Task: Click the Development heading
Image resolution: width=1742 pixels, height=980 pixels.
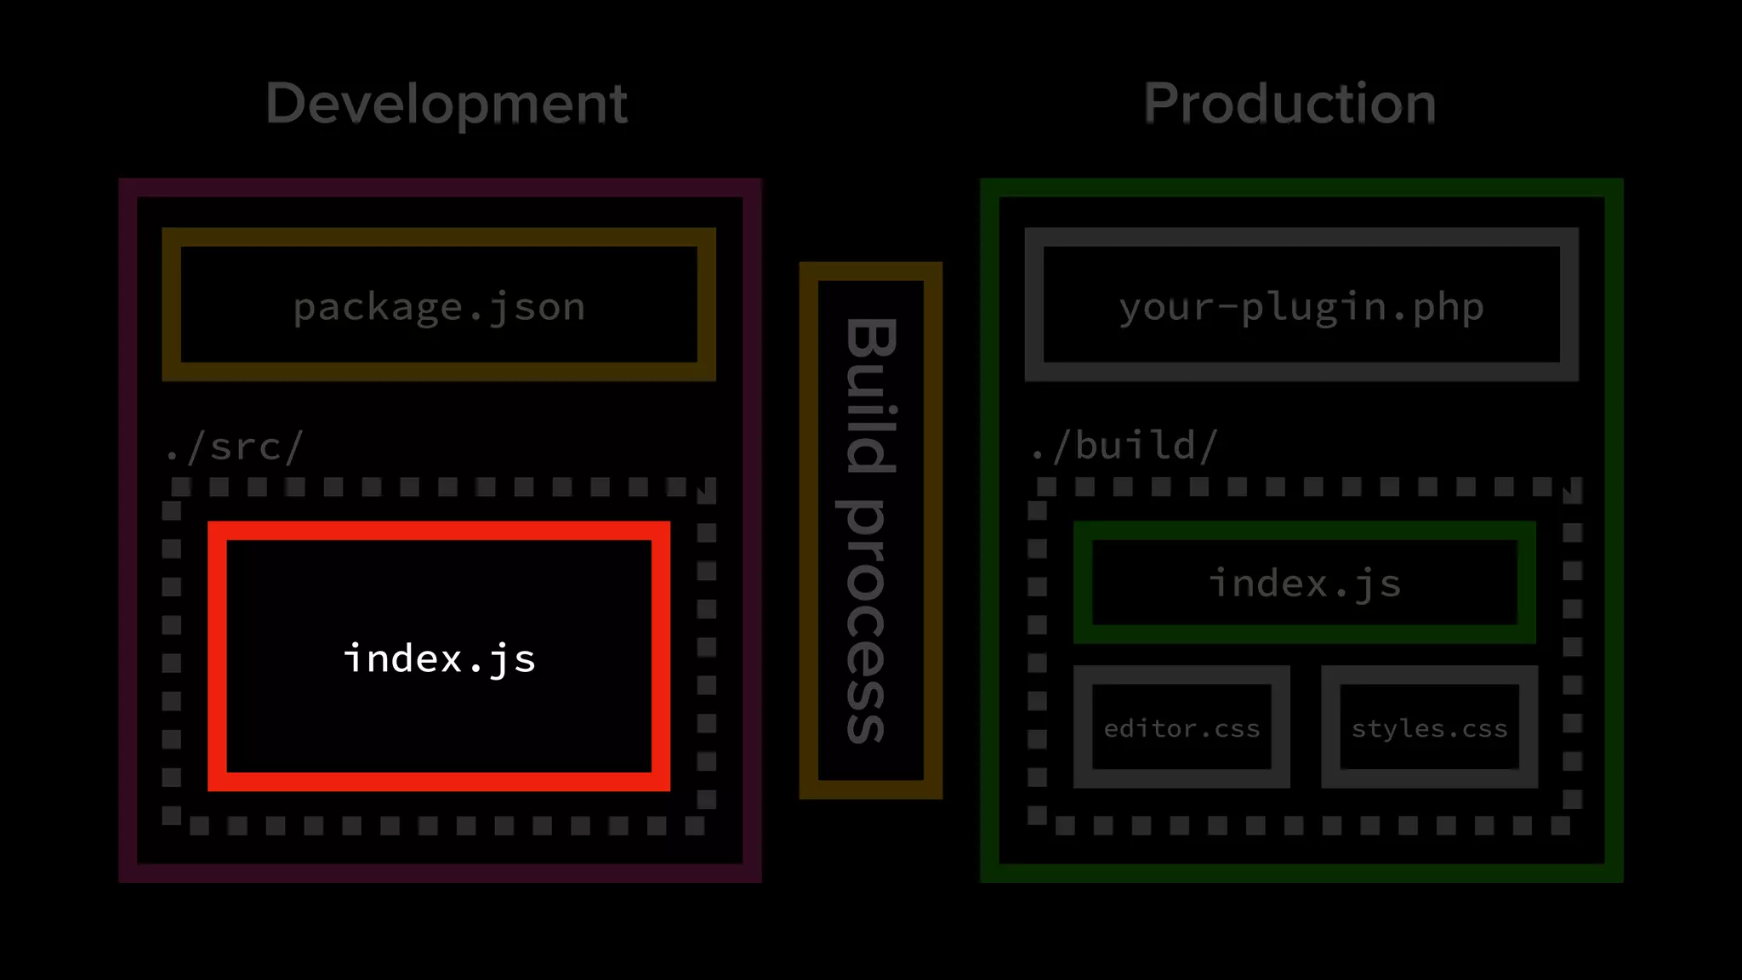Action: pyautogui.click(x=446, y=104)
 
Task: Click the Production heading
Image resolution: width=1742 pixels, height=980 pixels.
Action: pyautogui.click(x=1289, y=104)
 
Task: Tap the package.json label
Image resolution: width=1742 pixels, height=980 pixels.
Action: pyautogui.click(x=439, y=306)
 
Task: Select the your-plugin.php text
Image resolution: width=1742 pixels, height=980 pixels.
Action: pyautogui.click(x=1301, y=306)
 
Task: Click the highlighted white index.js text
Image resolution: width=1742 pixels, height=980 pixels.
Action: pyautogui.click(x=439, y=658)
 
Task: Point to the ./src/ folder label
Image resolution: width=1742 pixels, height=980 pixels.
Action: pyautogui.click(x=234, y=447)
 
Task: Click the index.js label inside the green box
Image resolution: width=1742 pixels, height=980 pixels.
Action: pyautogui.click(x=1305, y=584)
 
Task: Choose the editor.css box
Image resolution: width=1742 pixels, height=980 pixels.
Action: pyautogui.click(x=1181, y=727)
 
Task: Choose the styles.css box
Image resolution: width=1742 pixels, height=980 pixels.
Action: pyautogui.click(x=1429, y=727)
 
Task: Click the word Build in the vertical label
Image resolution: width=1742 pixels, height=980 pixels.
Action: pyautogui.click(x=870, y=396)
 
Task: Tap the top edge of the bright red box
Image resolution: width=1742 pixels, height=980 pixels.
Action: pyautogui.click(x=439, y=531)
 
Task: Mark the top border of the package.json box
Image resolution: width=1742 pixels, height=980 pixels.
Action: pyautogui.click(x=439, y=236)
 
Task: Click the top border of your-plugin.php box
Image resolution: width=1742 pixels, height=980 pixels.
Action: pyautogui.click(x=1301, y=236)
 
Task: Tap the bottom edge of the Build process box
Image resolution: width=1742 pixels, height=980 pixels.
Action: pyautogui.click(x=870, y=789)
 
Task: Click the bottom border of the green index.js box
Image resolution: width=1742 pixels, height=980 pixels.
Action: pyautogui.click(x=1305, y=634)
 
